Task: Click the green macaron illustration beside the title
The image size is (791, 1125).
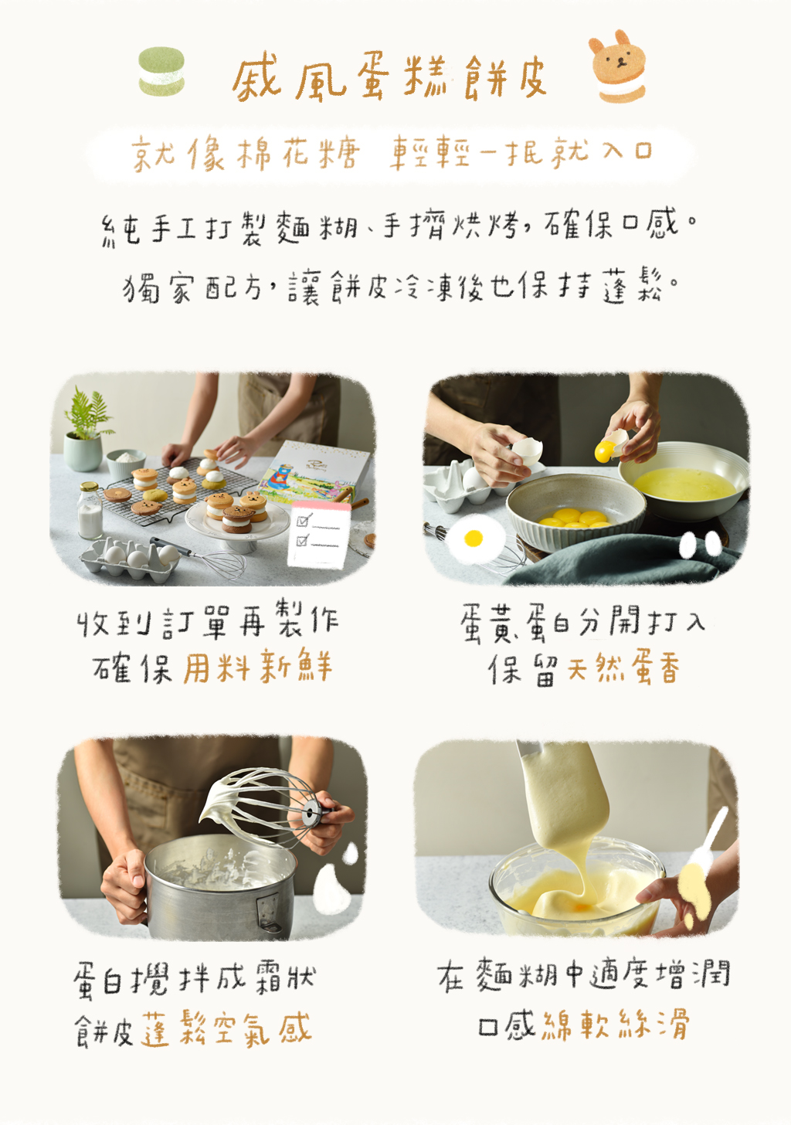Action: (161, 71)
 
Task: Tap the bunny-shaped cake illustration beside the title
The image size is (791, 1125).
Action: (618, 66)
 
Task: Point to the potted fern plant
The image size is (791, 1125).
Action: (86, 430)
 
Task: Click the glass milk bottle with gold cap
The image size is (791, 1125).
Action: (90, 511)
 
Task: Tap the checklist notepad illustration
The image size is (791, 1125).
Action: (318, 535)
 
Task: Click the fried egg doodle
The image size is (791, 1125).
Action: (474, 539)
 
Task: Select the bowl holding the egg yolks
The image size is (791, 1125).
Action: (575, 508)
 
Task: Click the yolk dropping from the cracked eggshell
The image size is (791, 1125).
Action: (604, 451)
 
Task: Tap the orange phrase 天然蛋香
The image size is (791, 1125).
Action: (623, 668)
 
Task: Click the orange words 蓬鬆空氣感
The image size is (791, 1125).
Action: (226, 1028)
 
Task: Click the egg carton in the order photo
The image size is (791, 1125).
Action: (129, 560)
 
